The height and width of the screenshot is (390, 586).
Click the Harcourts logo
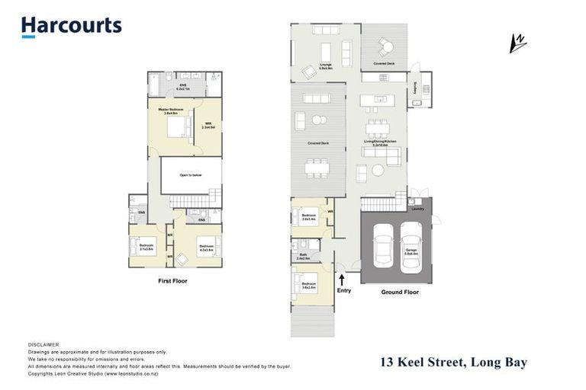coord(71,27)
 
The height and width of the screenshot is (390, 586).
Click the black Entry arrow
coord(343,280)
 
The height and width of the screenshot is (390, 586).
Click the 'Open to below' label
coord(190,174)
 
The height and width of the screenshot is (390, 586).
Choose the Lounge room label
coord(326,67)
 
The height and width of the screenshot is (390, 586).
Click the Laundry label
coord(417,208)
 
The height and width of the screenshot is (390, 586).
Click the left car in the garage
coord(385,247)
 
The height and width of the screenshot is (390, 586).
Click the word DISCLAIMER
coord(43,344)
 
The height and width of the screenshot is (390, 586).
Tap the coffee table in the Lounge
coord(326,52)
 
